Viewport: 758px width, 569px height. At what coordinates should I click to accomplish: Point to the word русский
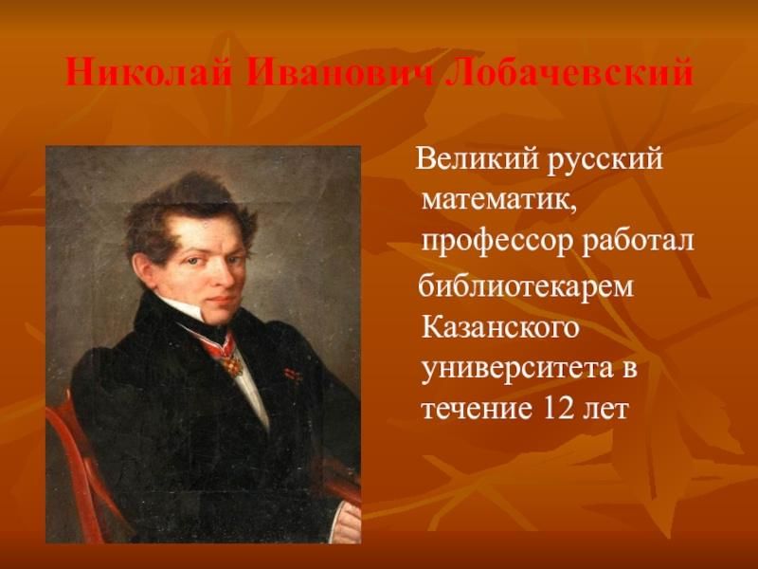point(605,159)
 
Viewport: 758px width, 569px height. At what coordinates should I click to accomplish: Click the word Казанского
point(500,327)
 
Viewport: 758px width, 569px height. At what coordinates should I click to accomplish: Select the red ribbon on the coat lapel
point(292,373)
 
